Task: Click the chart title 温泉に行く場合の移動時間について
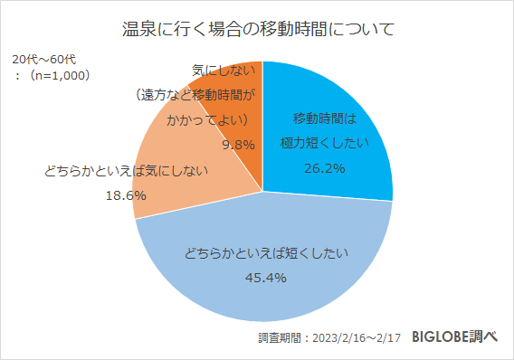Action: [257, 29]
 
